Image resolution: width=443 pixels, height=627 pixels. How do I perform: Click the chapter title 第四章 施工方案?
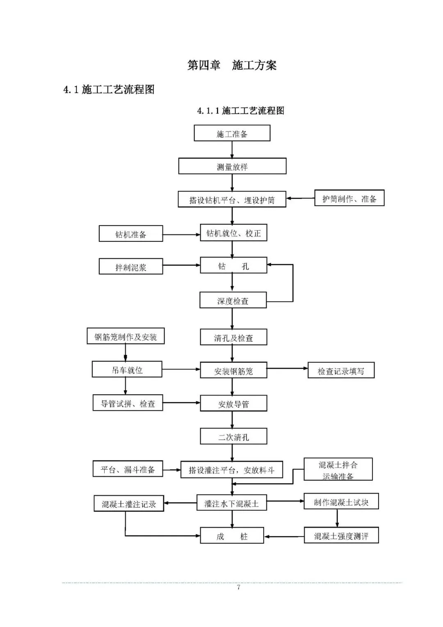[232, 65]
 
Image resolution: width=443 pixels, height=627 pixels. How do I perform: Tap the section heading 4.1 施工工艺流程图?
[109, 89]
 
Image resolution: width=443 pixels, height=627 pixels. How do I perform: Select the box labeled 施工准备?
[232, 133]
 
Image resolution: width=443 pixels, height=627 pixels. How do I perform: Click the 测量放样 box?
[232, 166]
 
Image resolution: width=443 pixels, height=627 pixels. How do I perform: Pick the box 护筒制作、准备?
[349, 198]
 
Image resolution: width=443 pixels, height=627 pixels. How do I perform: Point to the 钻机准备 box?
[131, 234]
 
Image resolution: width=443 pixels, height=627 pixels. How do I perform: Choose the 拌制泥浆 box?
[131, 266]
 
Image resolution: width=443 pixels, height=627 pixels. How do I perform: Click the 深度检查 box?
[233, 300]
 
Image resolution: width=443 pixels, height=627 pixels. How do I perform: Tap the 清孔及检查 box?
[233, 337]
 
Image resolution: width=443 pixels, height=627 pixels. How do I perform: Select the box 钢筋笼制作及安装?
[126, 336]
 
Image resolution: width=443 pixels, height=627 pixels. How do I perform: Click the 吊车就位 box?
[127, 370]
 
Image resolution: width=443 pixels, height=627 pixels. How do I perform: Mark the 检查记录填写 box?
[341, 370]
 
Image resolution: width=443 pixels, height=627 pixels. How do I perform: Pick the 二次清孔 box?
[233, 436]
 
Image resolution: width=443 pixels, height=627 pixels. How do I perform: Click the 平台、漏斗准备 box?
[128, 469]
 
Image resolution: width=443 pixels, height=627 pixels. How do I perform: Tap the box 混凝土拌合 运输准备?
[338, 469]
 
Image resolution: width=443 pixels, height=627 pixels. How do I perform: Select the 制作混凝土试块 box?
[341, 502]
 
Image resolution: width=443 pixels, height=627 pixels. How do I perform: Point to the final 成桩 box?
[232, 536]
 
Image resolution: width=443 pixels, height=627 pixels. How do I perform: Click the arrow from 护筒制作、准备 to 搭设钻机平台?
[300, 198]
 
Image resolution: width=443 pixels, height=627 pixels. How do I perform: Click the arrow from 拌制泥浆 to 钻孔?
[181, 266]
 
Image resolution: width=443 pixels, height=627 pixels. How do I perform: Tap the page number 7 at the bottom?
[238, 587]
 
